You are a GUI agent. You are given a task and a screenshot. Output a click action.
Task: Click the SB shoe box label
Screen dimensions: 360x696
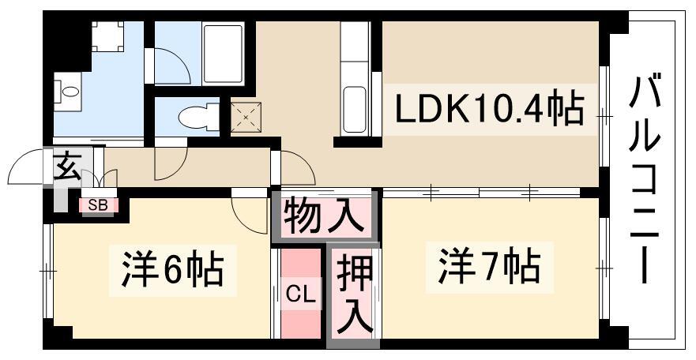click(98, 205)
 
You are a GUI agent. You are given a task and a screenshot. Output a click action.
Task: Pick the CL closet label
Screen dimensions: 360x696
click(300, 296)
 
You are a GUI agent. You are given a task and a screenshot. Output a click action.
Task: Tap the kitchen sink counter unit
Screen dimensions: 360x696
click(356, 79)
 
